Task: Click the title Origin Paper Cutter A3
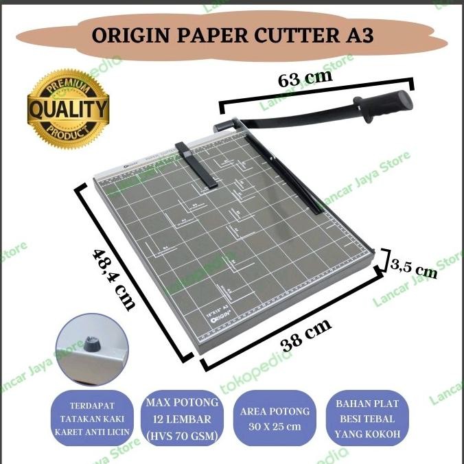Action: click(232, 34)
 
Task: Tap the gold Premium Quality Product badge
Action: click(67, 108)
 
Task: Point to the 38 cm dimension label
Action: click(303, 332)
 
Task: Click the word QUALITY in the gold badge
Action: click(67, 108)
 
